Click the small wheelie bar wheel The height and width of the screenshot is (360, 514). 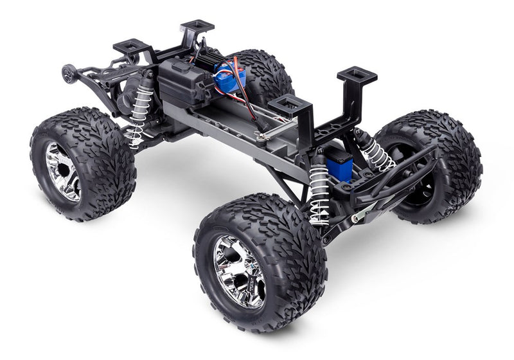pos(67,74)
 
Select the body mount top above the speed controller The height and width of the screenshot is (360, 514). pos(197,26)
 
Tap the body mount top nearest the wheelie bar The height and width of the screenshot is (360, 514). pos(131,46)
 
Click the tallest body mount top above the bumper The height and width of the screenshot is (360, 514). pos(357,74)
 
